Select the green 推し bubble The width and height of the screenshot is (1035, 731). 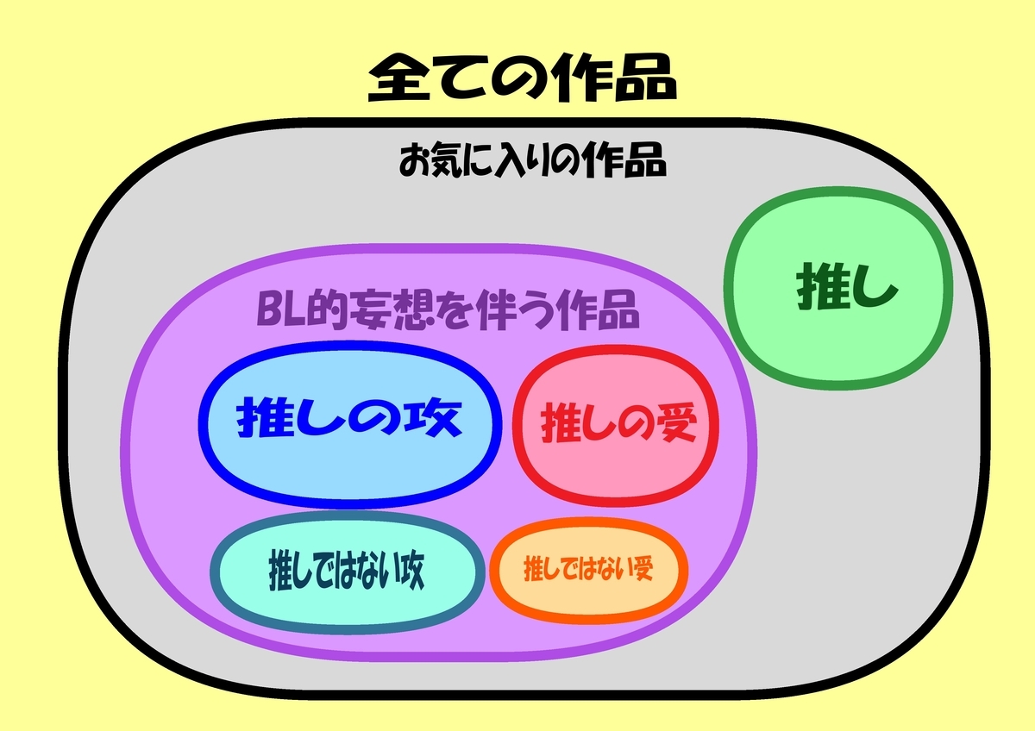click(x=839, y=289)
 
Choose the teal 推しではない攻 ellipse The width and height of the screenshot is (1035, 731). click(x=346, y=572)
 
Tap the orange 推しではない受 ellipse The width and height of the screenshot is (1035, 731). click(x=588, y=571)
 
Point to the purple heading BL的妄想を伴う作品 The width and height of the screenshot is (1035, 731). click(x=448, y=310)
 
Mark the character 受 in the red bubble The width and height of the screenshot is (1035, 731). click(x=675, y=424)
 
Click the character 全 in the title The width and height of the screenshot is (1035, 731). click(x=397, y=79)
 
